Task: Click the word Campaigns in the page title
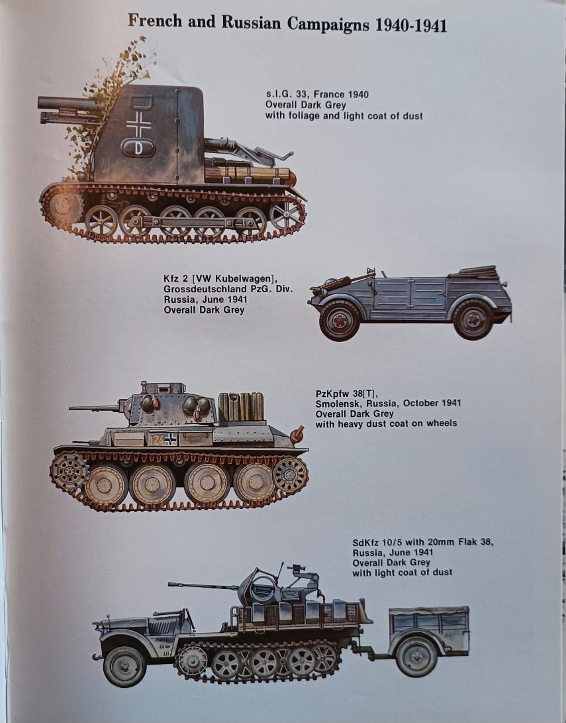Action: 328,24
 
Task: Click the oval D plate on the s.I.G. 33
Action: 138,148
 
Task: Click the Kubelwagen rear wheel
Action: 473,319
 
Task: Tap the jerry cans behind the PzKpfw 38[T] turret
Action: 241,407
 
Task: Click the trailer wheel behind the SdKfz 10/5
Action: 416,656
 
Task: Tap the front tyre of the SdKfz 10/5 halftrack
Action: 124,666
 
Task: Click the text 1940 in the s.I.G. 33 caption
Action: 358,95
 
